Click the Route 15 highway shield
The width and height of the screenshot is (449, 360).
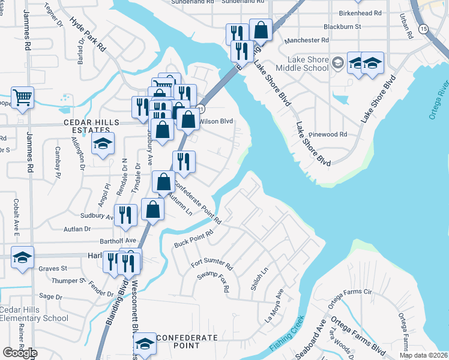pos(424,28)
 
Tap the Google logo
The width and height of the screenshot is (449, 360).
pos(20,353)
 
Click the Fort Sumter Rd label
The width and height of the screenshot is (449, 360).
pos(211,263)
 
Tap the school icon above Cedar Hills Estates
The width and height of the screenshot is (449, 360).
pos(103,144)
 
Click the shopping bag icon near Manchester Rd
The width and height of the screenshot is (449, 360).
pos(261,29)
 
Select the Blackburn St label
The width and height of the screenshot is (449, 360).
pos(342,27)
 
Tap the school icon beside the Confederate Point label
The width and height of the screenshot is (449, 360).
pos(144,344)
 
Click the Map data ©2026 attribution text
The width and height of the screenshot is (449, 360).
pos(423,355)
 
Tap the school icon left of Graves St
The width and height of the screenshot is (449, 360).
pos(23,258)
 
